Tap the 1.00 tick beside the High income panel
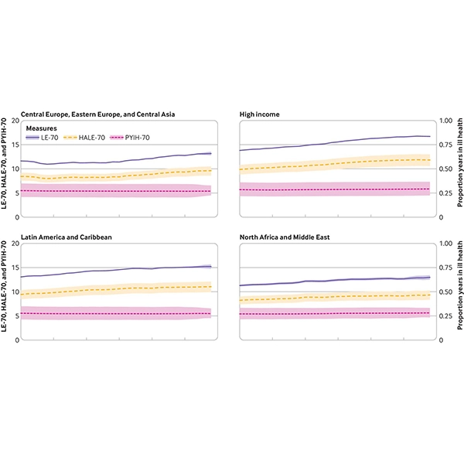447,121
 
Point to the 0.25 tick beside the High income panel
447,193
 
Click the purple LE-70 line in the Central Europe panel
116,162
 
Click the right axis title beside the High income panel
459,169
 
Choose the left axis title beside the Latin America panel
5,291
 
